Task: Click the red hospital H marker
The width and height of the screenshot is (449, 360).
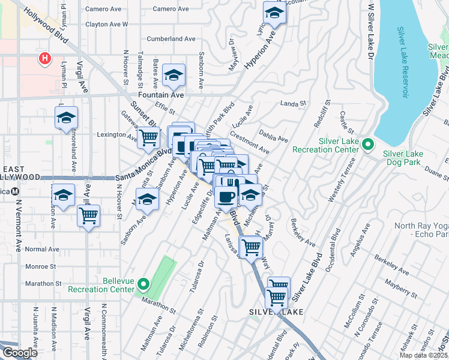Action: point(44,58)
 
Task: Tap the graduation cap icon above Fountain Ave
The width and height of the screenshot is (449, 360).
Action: point(173,75)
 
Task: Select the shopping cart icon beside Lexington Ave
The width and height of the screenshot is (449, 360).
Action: point(148,137)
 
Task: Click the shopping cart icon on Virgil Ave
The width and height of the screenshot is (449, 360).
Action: point(88,215)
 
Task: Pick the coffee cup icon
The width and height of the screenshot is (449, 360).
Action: point(226,197)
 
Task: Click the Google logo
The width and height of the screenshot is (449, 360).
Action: point(19,353)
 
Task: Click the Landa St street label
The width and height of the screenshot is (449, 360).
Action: point(294,103)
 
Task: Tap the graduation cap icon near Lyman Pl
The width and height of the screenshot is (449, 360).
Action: point(67,118)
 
